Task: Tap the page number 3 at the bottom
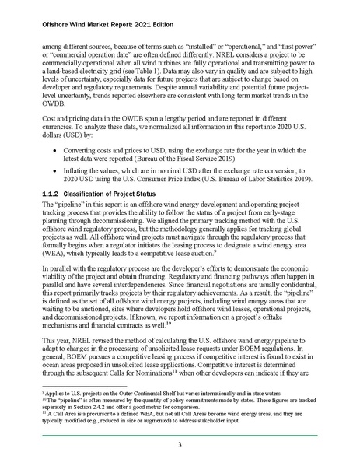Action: point(180,443)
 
